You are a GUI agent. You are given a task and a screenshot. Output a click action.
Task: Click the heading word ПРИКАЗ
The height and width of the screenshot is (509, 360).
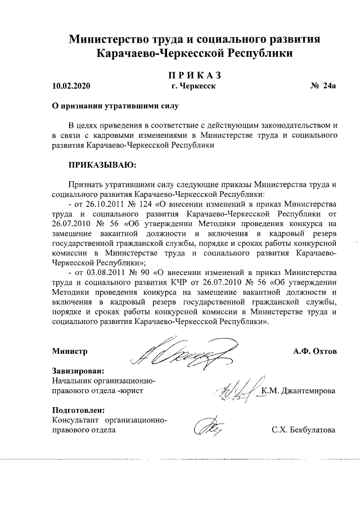point(195,75)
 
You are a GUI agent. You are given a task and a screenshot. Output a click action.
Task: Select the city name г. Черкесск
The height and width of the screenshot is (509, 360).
point(194,87)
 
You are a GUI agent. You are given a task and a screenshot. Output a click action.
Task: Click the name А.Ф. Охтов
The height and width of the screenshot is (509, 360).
point(314,352)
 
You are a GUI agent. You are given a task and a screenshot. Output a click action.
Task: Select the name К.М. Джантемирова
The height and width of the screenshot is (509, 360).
point(299,391)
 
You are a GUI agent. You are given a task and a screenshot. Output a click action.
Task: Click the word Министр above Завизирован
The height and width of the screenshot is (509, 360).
point(70,352)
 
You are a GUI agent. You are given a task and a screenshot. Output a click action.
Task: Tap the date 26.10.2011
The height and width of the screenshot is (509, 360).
point(105,204)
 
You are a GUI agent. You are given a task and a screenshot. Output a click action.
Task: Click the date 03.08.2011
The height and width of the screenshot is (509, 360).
point(105,274)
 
